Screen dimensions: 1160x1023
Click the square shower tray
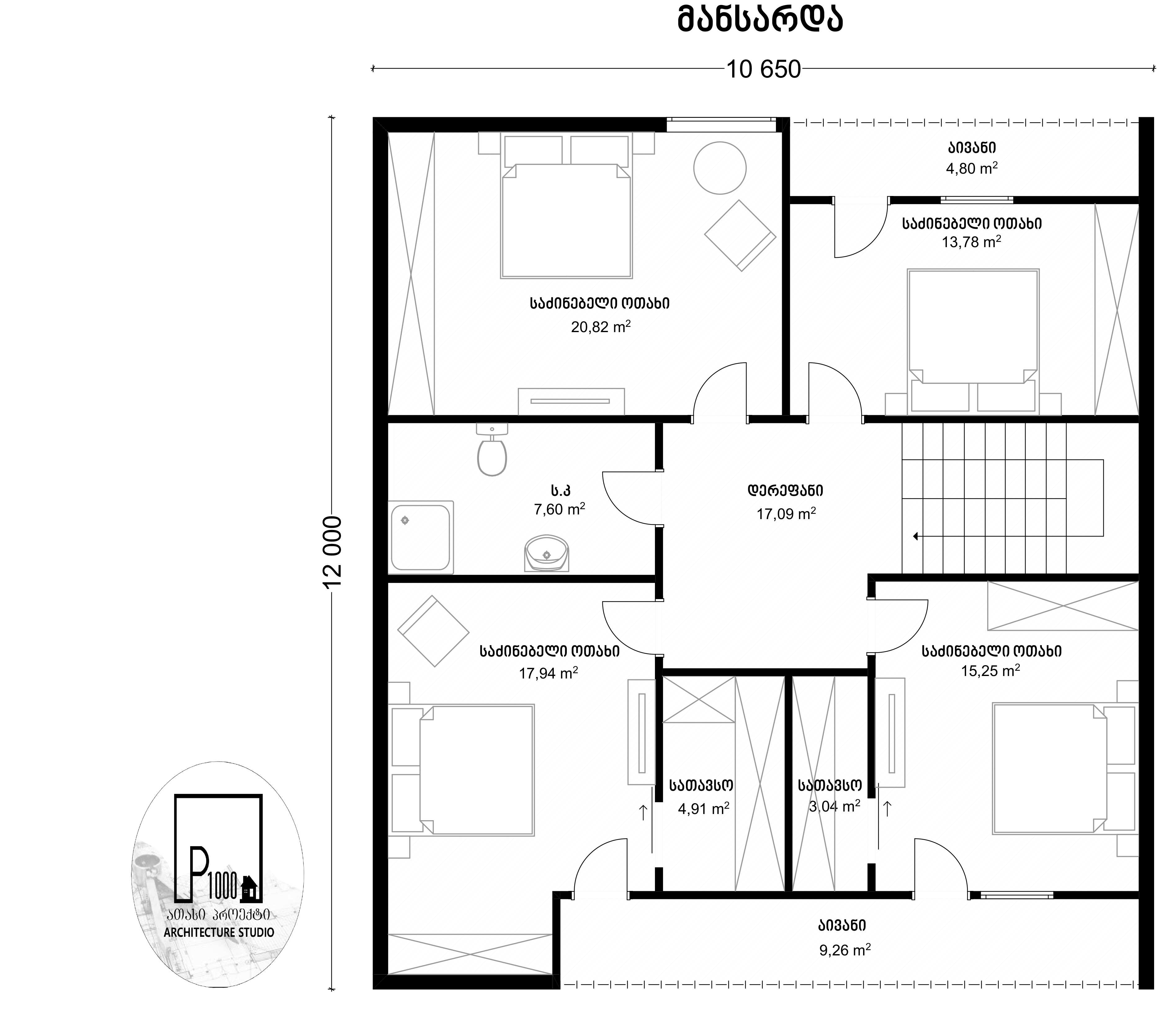click(420, 537)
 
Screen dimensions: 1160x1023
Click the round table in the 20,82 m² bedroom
click(719, 168)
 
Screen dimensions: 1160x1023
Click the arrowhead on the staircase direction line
click(916, 536)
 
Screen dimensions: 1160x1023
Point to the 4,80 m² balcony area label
click(972, 168)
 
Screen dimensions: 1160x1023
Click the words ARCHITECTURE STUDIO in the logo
click(218, 932)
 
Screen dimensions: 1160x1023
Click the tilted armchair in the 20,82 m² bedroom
click(740, 235)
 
